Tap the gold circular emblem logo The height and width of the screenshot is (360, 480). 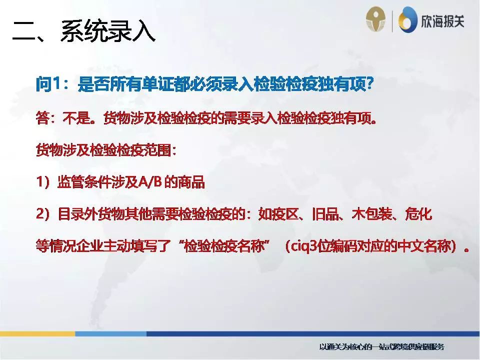tap(376, 20)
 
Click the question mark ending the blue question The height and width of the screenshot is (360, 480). tap(370, 84)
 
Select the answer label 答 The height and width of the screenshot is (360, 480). tap(42, 118)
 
